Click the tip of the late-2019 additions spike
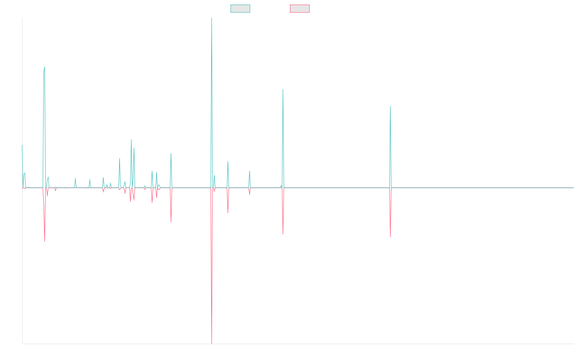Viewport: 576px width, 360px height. click(283, 89)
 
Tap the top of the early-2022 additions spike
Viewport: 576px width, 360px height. click(390, 107)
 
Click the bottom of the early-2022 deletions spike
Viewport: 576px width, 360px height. click(390, 237)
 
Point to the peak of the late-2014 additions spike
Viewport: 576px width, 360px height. click(45, 67)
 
